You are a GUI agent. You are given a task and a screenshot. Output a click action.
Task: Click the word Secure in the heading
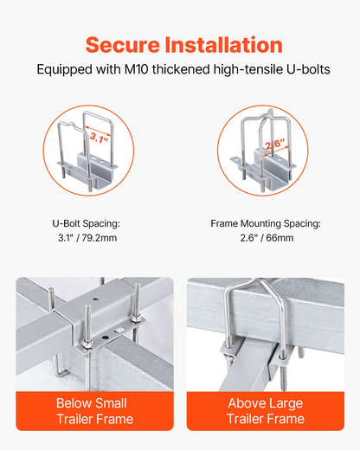point(123,45)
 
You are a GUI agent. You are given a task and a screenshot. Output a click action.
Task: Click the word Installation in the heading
point(224,45)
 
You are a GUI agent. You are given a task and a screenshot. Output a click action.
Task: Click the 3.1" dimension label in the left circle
point(99,138)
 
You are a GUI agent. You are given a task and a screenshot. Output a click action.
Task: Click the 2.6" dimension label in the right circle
point(275,144)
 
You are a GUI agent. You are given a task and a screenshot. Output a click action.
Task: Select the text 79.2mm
point(100,238)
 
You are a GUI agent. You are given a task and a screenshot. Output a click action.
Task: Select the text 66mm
point(280,238)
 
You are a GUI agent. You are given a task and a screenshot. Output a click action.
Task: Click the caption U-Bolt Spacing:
point(86,223)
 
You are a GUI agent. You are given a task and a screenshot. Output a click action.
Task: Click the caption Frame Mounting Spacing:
point(266,223)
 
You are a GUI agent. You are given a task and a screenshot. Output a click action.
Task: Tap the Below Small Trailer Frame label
point(94,411)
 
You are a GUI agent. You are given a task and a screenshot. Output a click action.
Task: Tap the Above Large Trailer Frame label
point(266,411)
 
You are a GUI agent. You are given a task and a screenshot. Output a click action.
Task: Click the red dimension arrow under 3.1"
point(98,131)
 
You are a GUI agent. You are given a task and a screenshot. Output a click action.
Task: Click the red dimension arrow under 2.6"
point(275,151)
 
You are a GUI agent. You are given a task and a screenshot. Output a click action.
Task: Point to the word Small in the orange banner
point(112,403)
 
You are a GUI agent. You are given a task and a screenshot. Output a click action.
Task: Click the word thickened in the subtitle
point(181,69)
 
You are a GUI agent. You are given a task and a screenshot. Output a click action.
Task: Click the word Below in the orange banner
point(74,403)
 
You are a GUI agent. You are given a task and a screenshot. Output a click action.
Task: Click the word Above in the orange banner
point(247,403)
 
